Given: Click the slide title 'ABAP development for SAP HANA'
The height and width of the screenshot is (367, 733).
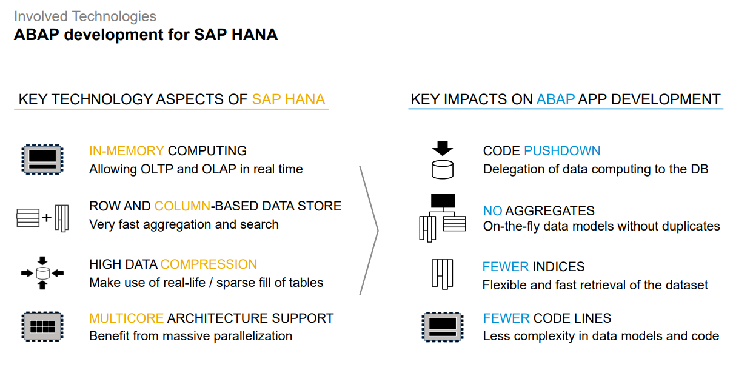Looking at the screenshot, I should (x=146, y=35).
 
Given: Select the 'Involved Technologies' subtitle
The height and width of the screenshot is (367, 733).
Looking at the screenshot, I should (x=85, y=16).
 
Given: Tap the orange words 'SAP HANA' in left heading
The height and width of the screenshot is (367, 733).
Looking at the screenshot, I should (x=289, y=99).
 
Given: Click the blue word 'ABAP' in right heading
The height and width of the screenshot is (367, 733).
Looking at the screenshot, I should (x=555, y=99).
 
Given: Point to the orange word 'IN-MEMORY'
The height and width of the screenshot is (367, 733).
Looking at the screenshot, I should (x=126, y=151).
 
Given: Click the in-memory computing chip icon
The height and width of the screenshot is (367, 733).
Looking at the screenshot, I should (x=42, y=160).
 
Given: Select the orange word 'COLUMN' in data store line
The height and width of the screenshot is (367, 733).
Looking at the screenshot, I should (x=182, y=206).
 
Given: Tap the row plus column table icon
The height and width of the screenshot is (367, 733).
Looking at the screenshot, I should (x=42, y=217).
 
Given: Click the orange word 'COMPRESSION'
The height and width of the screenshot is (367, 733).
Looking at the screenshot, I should (x=209, y=264).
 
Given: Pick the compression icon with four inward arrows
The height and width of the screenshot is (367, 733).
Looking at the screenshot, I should (x=42, y=273).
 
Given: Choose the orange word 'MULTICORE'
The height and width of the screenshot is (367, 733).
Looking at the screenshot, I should (x=126, y=318).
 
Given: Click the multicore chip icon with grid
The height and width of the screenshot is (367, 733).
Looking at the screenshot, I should (x=42, y=326).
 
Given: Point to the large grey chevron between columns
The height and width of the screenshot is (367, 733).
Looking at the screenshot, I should (x=370, y=231).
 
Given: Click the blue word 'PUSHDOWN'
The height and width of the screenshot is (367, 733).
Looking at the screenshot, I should (x=562, y=151).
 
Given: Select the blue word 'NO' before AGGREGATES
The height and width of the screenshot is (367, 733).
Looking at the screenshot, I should (x=492, y=211).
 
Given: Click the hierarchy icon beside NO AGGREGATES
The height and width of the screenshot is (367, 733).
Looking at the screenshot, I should (x=443, y=217).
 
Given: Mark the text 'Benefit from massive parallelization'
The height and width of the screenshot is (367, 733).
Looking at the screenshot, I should (x=190, y=336).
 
